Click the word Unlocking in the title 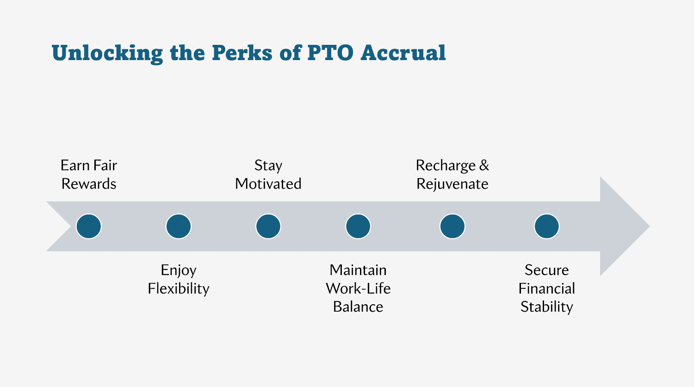[x=107, y=53]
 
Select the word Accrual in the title [x=403, y=53]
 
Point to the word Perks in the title [x=242, y=53]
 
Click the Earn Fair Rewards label [x=89, y=175]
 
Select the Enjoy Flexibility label [x=179, y=279]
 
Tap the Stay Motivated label [x=268, y=175]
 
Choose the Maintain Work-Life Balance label [x=358, y=289]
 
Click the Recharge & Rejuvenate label [x=452, y=175]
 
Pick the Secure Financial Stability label [x=546, y=289]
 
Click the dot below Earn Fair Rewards [x=89, y=227]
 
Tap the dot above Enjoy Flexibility [x=179, y=227]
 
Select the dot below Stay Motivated [x=268, y=227]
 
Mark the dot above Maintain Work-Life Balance [x=358, y=227]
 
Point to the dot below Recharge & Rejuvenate [x=452, y=227]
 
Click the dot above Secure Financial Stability [x=546, y=227]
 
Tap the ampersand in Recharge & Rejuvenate [x=484, y=166]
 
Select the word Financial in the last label [x=546, y=289]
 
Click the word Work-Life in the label [x=358, y=289]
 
